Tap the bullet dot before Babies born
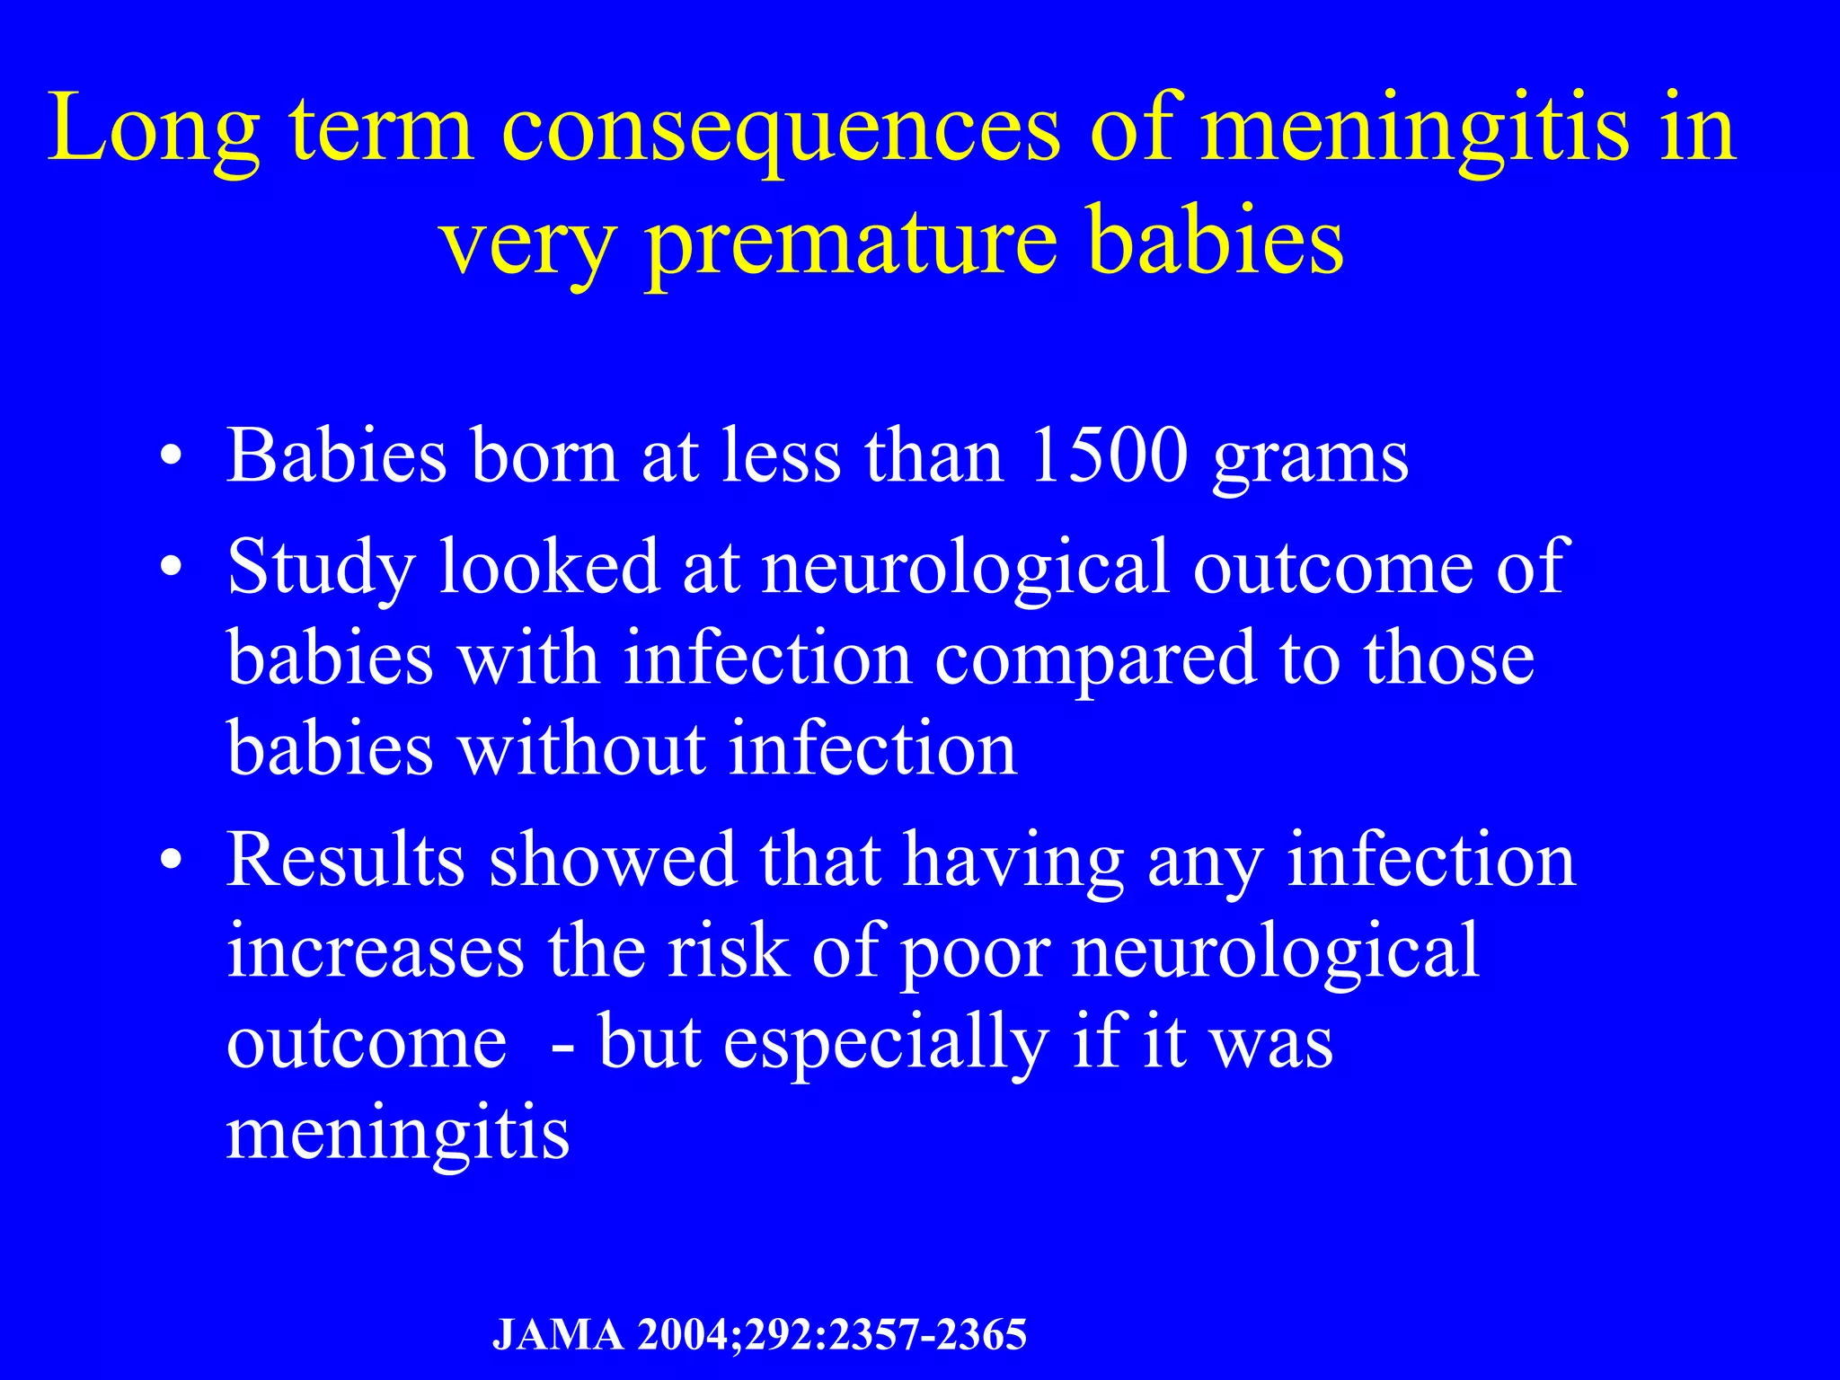pos(172,457)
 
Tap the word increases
pos(376,951)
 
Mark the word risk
pos(727,951)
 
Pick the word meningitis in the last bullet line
pos(397,1134)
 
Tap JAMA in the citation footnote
pos(558,1335)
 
